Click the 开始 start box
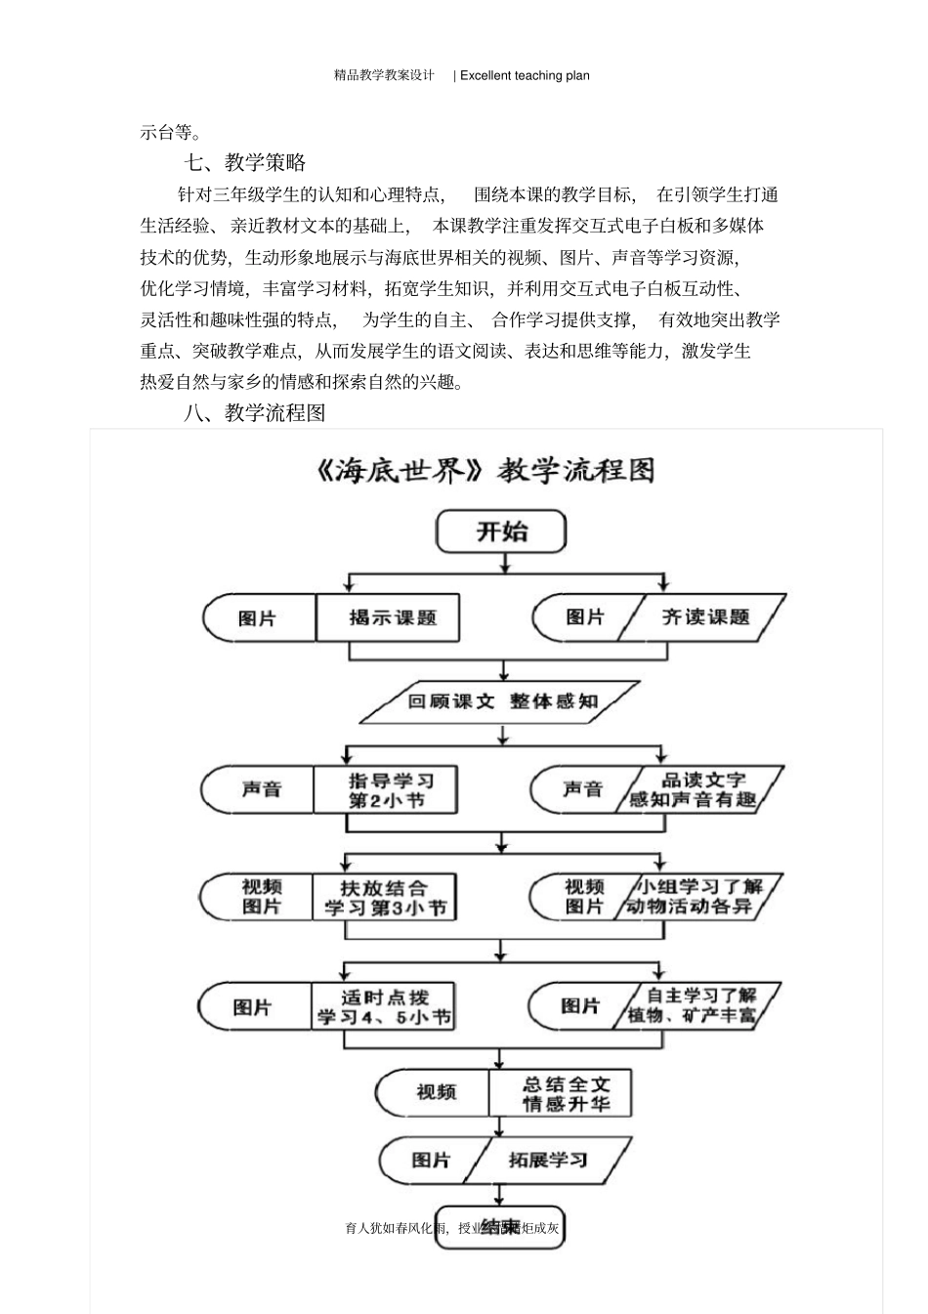click(x=501, y=532)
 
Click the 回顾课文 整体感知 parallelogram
click(x=502, y=701)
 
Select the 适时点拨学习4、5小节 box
click(x=384, y=1007)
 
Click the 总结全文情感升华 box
click(x=563, y=1093)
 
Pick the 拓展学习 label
click(x=548, y=1160)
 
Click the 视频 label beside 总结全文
click(x=436, y=1092)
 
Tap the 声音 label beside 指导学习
click(x=261, y=789)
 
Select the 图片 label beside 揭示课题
click(x=259, y=618)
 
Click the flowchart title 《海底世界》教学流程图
click(x=485, y=471)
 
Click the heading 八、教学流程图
click(x=254, y=413)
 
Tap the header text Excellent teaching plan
click(x=525, y=75)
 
